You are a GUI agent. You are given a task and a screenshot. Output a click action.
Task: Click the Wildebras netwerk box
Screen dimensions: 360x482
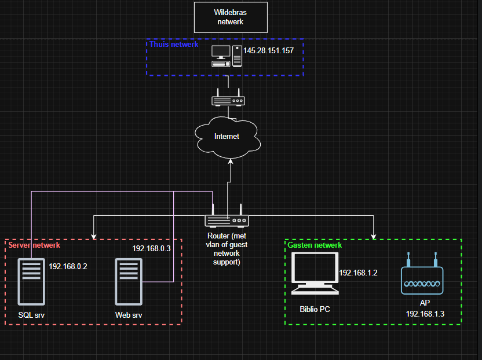click(x=231, y=17)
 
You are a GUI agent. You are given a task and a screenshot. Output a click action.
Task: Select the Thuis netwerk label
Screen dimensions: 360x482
click(x=174, y=44)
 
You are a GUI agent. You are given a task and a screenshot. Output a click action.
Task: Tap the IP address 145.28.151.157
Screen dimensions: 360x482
click(x=268, y=51)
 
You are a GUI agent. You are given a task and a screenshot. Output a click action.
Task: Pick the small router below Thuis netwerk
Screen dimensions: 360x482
click(x=228, y=100)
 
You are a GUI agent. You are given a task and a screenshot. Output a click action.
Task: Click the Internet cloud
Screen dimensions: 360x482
click(x=227, y=137)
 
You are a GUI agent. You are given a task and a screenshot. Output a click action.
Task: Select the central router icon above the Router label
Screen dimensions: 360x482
click(x=227, y=220)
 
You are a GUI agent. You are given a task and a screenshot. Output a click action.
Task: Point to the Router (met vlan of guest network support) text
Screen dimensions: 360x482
click(x=227, y=249)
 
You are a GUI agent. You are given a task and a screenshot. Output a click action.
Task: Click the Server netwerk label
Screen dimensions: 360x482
click(x=34, y=245)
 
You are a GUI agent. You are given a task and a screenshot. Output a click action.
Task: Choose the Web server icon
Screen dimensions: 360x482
click(x=129, y=281)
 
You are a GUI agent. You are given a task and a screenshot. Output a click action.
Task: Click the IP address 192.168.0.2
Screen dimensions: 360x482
click(x=68, y=267)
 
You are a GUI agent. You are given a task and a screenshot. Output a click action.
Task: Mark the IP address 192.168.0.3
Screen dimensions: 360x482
click(x=151, y=248)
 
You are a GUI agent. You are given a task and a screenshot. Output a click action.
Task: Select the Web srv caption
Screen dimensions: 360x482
click(x=129, y=315)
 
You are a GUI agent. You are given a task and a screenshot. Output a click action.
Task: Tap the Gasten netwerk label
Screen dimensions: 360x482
click(x=315, y=245)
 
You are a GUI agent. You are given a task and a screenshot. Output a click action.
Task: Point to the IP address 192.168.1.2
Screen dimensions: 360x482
click(x=358, y=273)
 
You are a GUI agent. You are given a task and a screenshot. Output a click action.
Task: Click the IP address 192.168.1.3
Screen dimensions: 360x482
click(x=425, y=313)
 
